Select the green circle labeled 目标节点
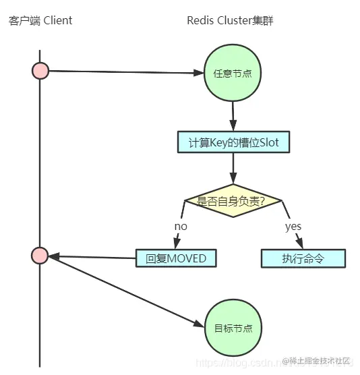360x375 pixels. pos(233,328)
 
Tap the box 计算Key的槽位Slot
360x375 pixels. pos(233,142)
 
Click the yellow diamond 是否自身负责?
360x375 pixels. pos(233,200)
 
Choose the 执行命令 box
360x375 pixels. pos(303,258)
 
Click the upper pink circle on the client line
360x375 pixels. pos(40,70)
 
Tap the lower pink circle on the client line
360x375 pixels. pos(40,256)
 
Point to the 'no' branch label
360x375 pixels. pos(181,227)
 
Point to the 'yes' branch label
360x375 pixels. pos(293,227)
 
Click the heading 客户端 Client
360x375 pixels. pos(40,20)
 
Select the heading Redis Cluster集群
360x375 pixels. pos(230,20)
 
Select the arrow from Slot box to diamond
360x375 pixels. pos(233,169)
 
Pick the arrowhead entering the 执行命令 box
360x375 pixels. pos(301,245)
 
